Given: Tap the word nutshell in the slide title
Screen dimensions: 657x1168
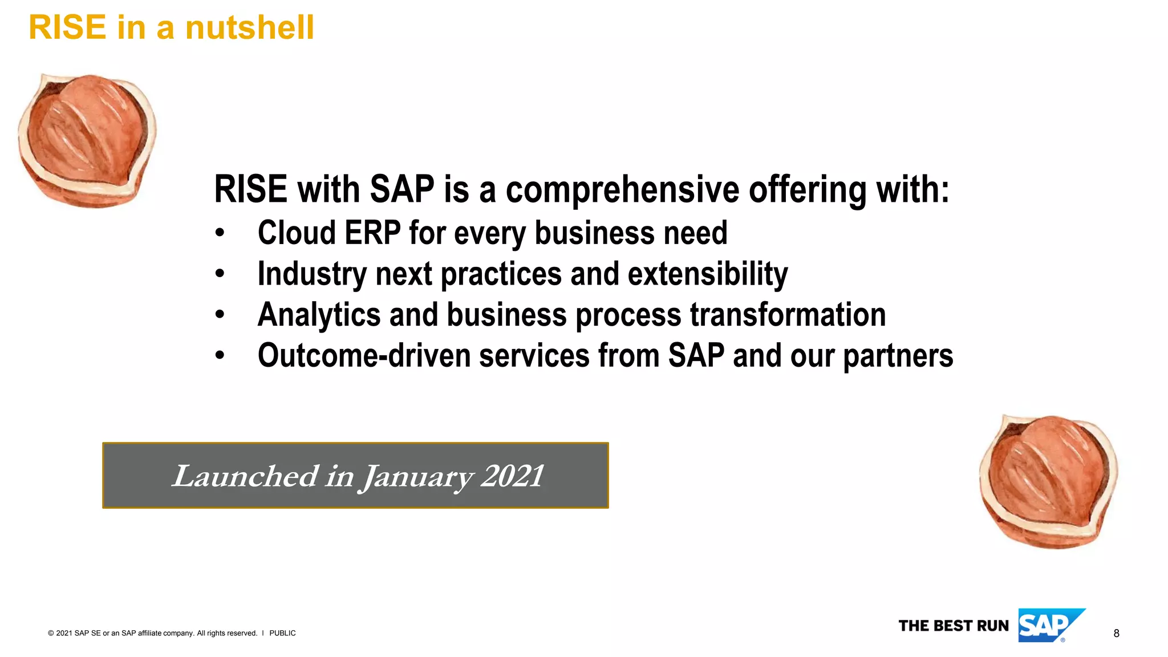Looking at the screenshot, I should click(249, 27).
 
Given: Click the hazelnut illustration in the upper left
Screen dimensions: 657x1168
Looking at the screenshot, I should click(87, 140).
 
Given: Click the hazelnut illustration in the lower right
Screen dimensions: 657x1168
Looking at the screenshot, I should click(1048, 482).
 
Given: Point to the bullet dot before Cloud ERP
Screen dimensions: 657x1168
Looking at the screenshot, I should click(220, 233).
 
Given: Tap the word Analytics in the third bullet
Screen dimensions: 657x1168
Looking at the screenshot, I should click(319, 315).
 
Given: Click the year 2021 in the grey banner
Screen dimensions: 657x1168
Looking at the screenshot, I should click(512, 476).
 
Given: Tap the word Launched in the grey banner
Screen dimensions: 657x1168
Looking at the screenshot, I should click(245, 476).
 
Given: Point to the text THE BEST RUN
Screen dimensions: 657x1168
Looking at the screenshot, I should click(954, 626).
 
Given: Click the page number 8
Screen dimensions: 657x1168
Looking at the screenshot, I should click(1116, 634).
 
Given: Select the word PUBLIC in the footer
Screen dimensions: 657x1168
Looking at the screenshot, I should click(282, 633).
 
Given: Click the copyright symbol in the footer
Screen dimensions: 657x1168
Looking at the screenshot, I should click(51, 633).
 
